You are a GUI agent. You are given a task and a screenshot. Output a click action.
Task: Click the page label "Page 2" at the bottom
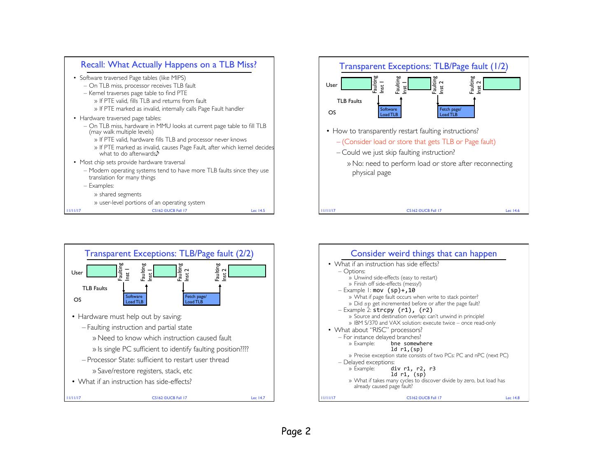(296, 431)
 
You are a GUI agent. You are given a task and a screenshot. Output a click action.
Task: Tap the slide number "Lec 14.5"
(258, 211)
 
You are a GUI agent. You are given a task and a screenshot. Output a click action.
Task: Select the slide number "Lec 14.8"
(512, 398)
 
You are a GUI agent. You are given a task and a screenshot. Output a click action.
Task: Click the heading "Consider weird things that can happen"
(423, 253)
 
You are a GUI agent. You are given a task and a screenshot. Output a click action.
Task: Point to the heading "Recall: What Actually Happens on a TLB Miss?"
(168, 65)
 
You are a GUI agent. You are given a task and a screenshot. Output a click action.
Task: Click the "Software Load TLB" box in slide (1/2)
(389, 112)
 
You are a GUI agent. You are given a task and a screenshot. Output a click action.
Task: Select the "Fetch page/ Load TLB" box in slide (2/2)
(201, 299)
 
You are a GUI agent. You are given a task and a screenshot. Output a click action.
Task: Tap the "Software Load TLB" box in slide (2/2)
(135, 299)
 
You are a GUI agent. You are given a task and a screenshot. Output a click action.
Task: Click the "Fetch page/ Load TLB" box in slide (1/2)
(456, 112)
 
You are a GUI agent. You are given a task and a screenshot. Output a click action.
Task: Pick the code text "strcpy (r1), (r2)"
(403, 310)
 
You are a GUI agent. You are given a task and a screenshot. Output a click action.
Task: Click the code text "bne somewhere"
(411, 343)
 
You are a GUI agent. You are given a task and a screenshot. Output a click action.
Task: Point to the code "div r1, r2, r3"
(413, 369)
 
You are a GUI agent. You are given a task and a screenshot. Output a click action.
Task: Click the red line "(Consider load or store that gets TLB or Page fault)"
(418, 142)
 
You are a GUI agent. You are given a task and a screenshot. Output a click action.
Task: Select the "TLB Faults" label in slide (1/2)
(349, 101)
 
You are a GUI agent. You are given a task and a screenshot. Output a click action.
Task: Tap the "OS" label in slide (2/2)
(77, 300)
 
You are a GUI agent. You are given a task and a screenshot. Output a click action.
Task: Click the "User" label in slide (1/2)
(332, 85)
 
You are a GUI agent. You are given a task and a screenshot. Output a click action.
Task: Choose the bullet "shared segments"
(120, 194)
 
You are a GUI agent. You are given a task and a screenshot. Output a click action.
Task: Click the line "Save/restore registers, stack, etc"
(145, 371)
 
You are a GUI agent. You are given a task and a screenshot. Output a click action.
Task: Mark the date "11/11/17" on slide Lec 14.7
(73, 398)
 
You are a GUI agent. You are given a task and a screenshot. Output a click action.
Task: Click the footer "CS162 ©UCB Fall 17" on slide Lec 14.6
(424, 211)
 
